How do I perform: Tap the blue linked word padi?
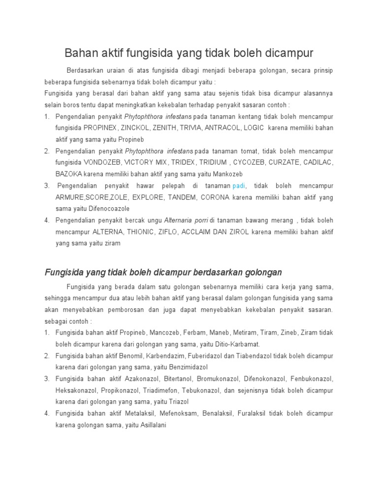tap(239, 186)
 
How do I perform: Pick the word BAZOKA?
tap(68, 174)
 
